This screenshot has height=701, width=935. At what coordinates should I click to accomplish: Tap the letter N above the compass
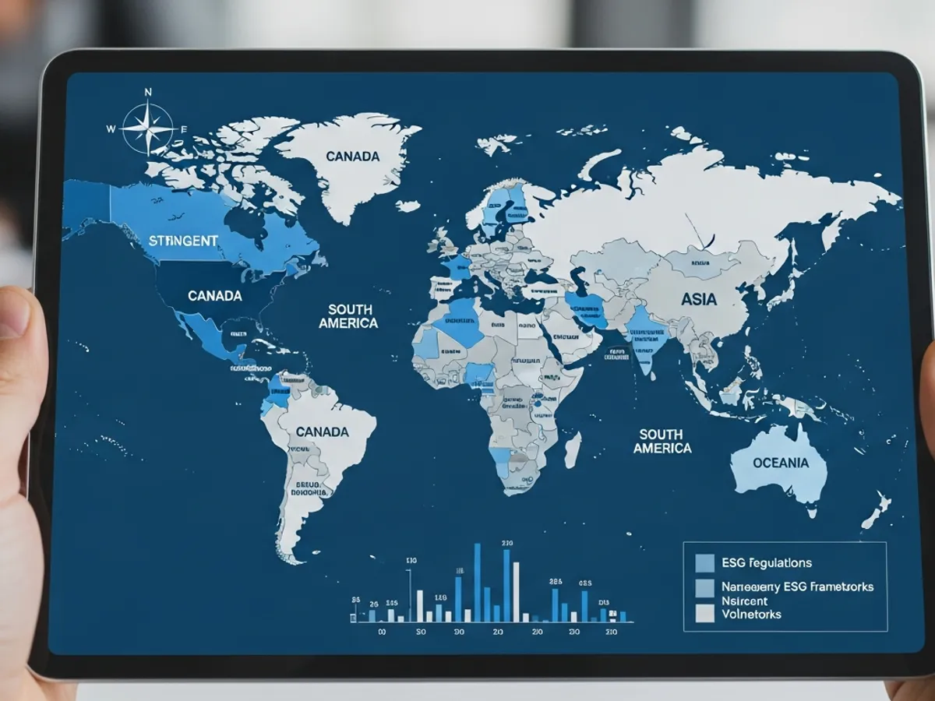click(148, 93)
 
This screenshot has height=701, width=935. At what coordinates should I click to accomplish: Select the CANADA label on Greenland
click(352, 157)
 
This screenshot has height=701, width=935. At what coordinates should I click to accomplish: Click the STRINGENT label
click(183, 241)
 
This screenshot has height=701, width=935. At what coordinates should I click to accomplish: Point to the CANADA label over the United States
click(214, 296)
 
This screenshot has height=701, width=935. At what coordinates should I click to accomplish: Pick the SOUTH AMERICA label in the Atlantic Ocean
click(348, 316)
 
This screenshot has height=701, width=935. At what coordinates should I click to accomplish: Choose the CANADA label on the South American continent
click(322, 432)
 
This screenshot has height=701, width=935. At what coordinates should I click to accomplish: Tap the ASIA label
click(699, 298)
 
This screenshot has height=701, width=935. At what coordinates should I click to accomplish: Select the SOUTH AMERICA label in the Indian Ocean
click(661, 441)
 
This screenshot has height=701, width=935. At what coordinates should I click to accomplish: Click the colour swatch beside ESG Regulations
click(704, 563)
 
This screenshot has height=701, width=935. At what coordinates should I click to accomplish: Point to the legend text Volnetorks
click(751, 614)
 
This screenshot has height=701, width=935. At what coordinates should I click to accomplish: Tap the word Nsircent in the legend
click(744, 601)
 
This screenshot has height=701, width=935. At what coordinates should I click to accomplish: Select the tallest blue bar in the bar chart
click(477, 583)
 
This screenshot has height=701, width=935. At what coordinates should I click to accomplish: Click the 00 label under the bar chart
click(382, 632)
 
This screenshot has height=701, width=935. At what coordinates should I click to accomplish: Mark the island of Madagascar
click(572, 449)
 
